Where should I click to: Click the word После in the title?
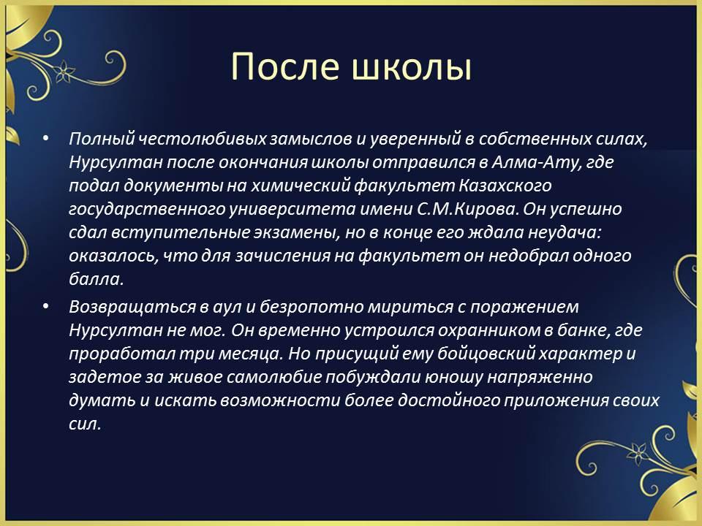click(x=285, y=66)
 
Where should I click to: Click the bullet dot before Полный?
click(x=45, y=139)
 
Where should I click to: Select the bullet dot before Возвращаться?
click(x=45, y=306)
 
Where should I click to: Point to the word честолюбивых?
click(x=202, y=140)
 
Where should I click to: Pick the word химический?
click(x=300, y=186)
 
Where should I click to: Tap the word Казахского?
click(x=505, y=186)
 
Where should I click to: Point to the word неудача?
click(x=565, y=232)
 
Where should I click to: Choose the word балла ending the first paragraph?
click(x=96, y=279)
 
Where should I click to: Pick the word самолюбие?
click(x=274, y=377)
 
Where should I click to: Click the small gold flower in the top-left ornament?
click(x=64, y=71)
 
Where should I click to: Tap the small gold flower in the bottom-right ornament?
click(x=638, y=453)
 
